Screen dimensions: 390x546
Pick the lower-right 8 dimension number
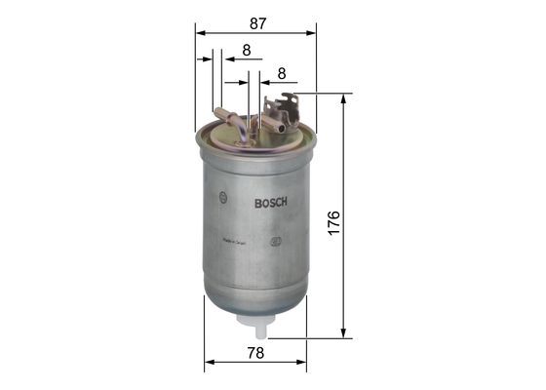281,72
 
